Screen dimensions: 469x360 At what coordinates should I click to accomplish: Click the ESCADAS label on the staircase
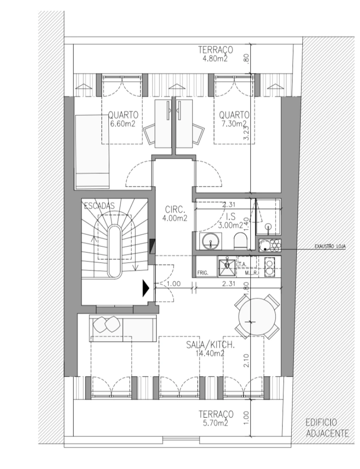pyautogui.click(x=99, y=206)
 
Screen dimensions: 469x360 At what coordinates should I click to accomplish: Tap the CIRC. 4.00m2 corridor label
pyautogui.click(x=174, y=213)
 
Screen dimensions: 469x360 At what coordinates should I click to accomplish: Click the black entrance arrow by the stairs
pyautogui.click(x=145, y=287)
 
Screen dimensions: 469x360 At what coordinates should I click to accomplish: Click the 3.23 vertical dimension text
pyautogui.click(x=246, y=132)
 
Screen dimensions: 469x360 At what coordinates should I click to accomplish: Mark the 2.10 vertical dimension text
pyautogui.click(x=246, y=361)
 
